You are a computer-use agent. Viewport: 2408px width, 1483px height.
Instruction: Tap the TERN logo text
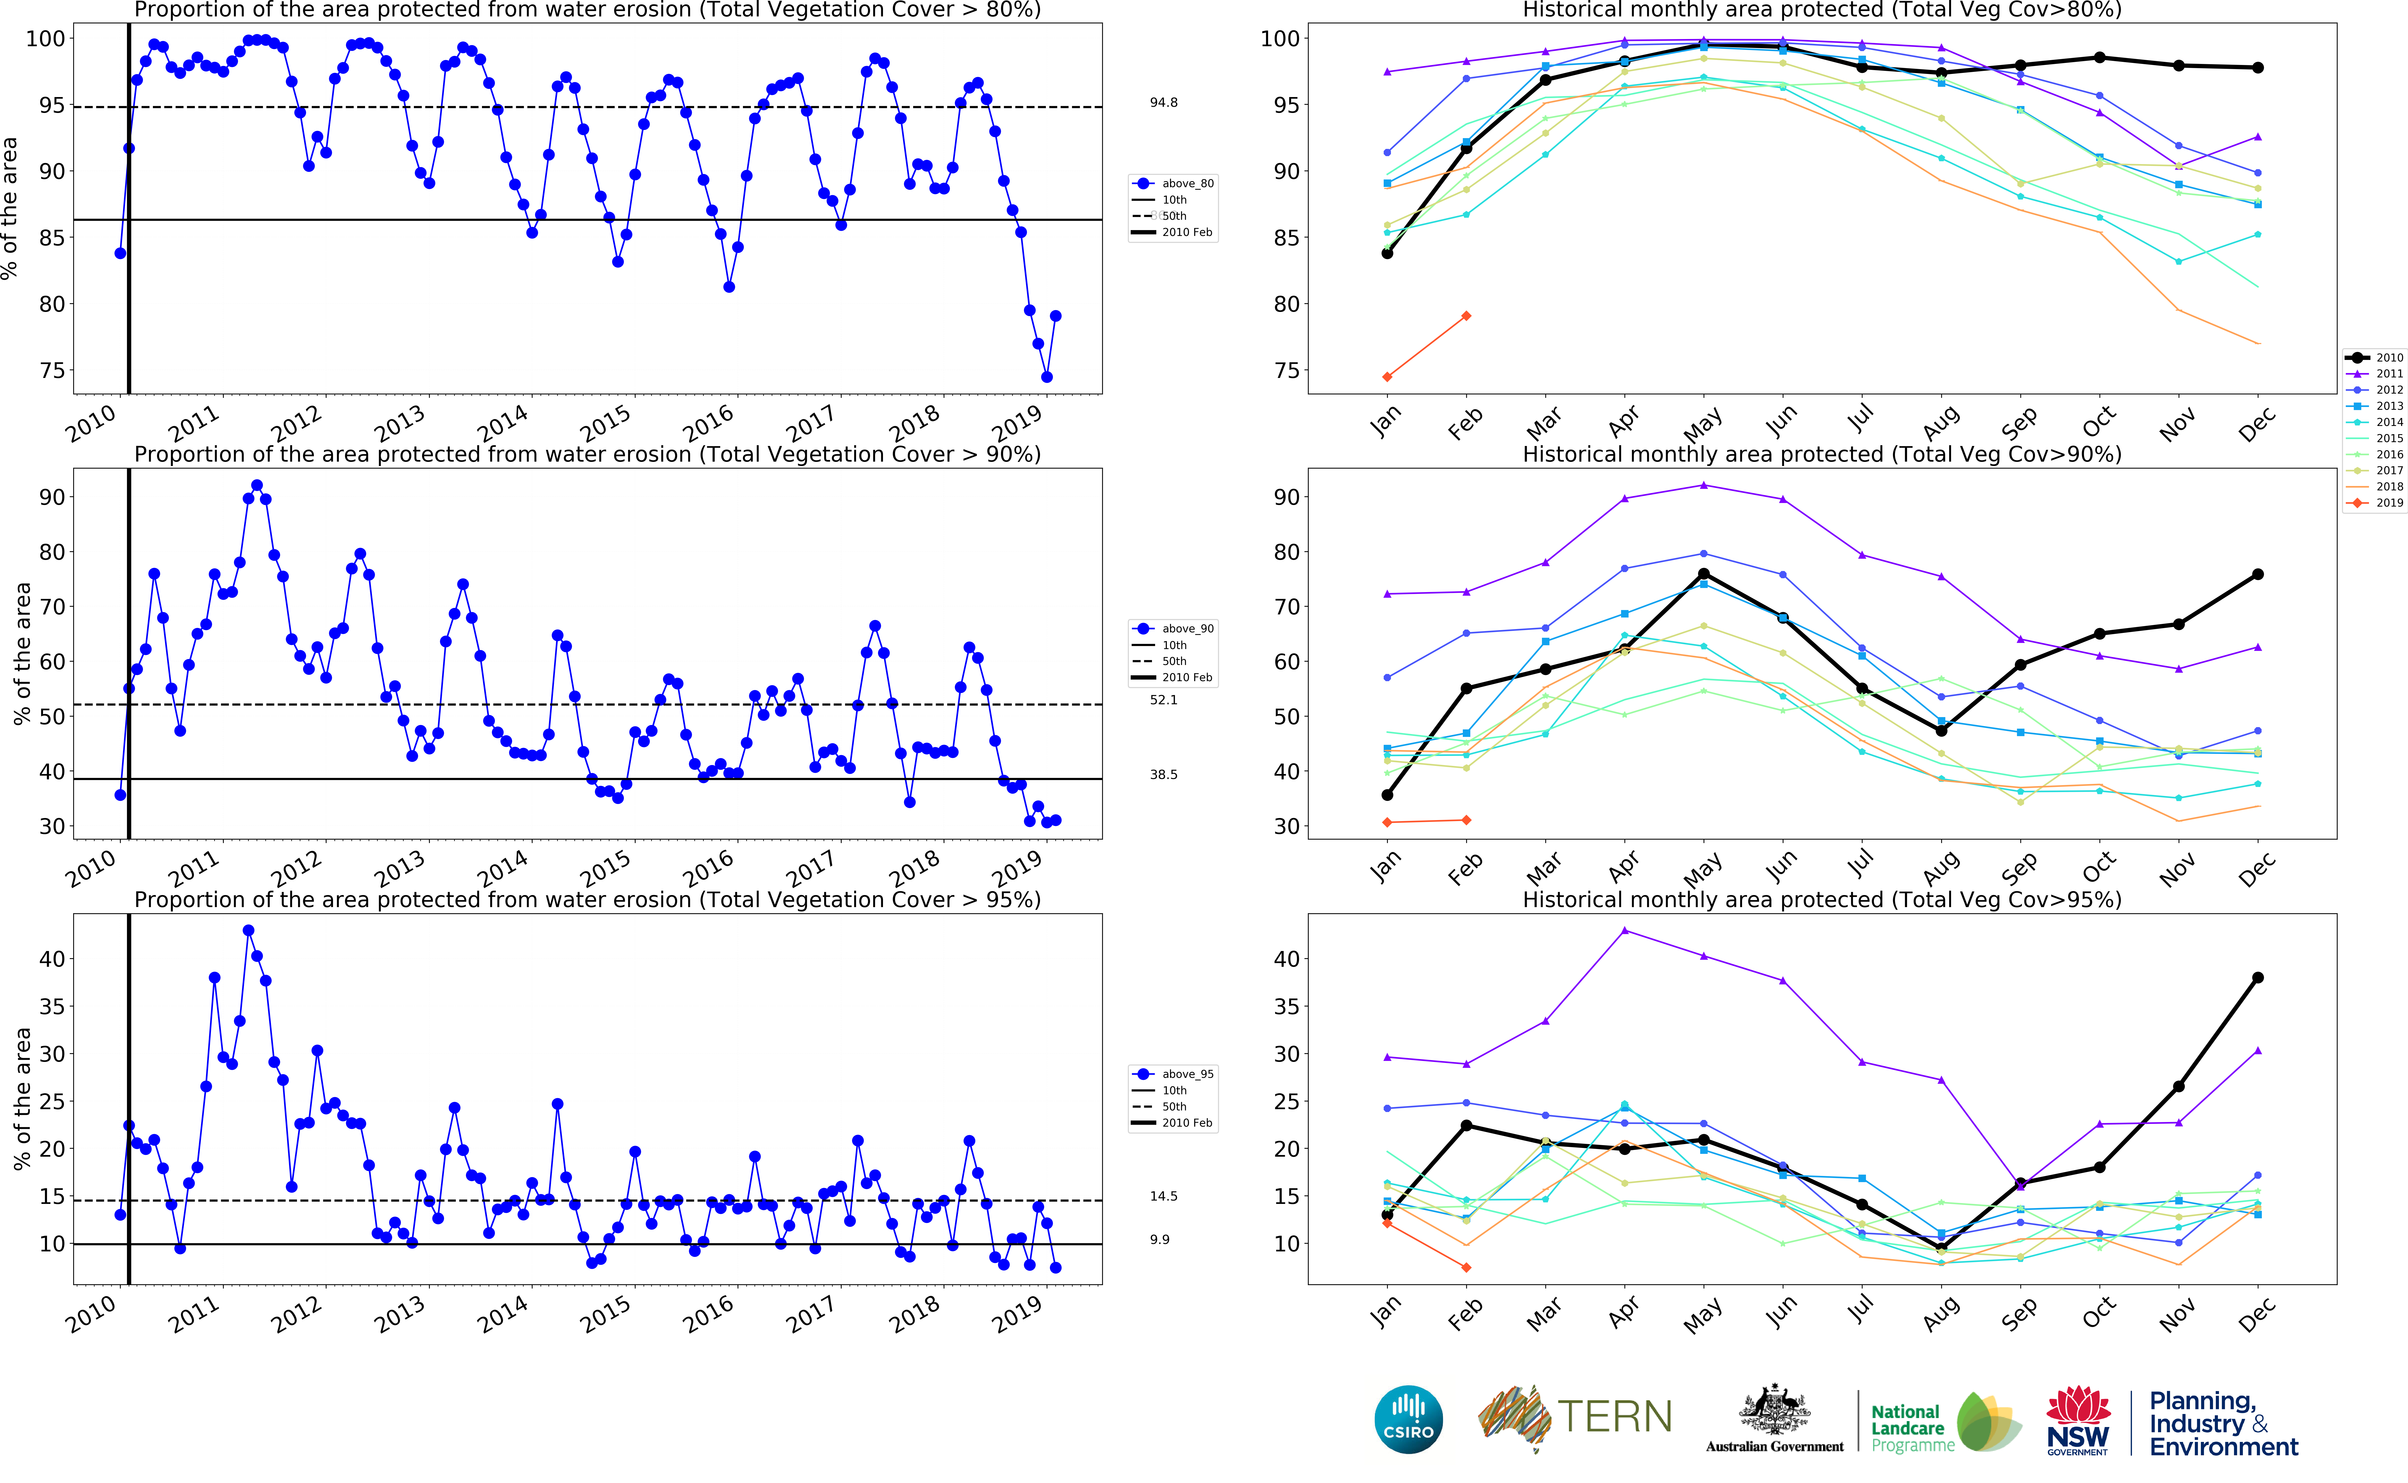1614,1417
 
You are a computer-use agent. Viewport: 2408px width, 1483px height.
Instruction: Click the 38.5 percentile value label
1164,775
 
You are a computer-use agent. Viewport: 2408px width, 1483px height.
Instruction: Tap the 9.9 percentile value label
1160,1240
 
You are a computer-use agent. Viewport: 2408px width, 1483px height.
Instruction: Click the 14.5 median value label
1164,1197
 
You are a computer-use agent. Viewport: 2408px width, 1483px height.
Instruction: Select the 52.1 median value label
1164,700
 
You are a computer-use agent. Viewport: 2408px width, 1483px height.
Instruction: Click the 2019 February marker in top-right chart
1466,316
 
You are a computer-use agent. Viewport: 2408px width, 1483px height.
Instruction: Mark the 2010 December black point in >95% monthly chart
2258,978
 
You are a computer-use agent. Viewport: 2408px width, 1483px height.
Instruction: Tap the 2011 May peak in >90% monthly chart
1704,486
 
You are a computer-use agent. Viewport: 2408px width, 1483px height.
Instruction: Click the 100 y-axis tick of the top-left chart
45,39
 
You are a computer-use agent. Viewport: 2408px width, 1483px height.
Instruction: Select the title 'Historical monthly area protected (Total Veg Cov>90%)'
1821,454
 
